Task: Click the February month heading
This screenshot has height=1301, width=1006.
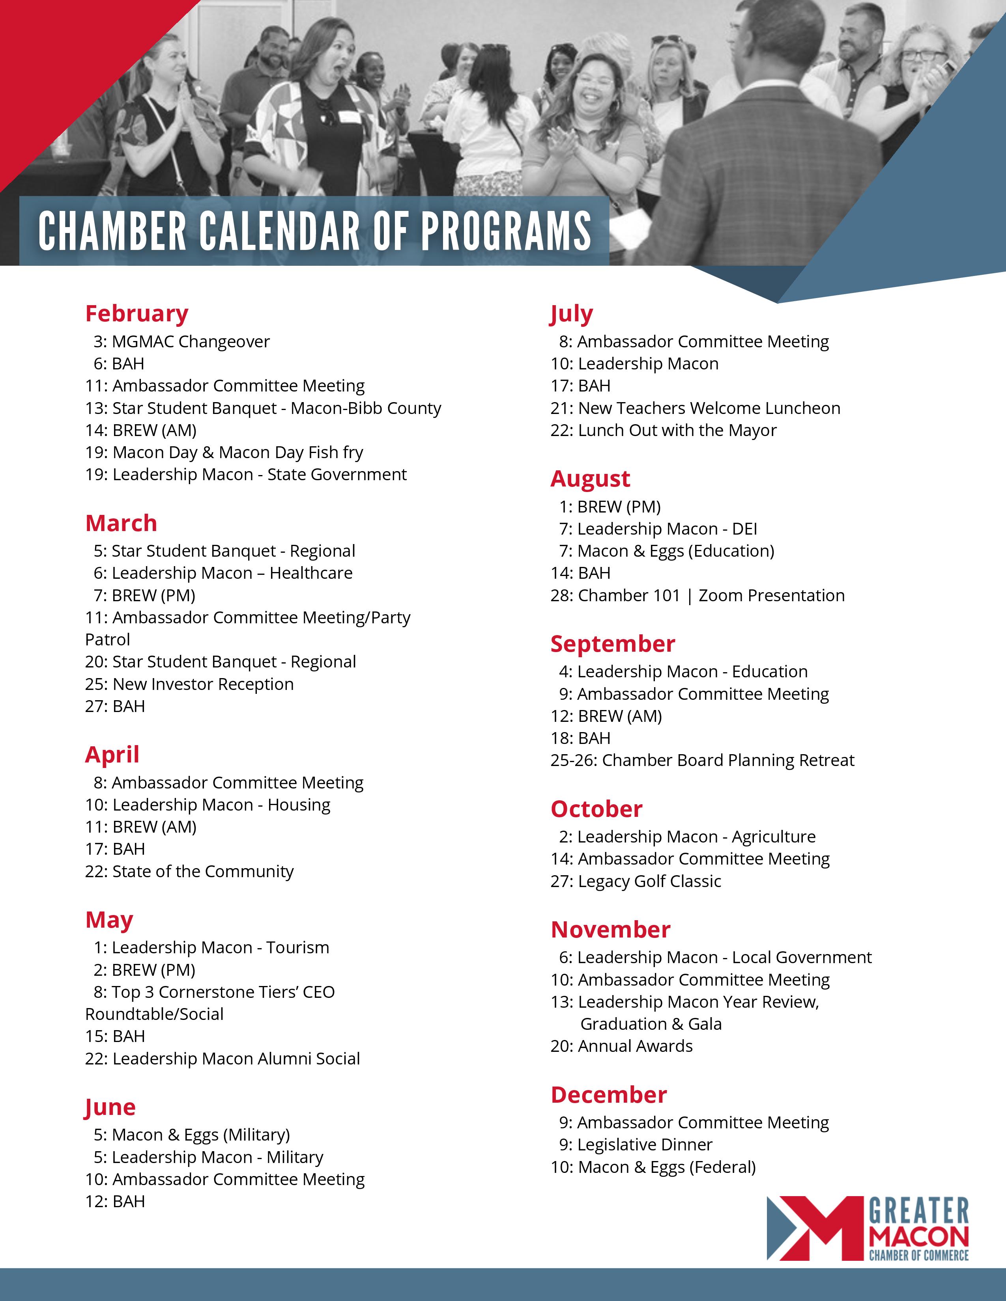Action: point(137,313)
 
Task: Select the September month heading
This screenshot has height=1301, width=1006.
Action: point(613,644)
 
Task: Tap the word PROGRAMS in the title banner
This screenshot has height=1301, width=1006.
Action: point(506,231)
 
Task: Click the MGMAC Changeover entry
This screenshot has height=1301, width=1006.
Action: point(182,342)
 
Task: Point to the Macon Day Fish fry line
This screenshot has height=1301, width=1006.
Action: point(224,453)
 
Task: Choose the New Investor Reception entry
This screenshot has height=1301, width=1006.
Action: point(189,684)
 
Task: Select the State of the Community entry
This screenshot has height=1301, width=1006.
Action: point(189,872)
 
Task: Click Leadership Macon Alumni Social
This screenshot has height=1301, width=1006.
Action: point(223,1059)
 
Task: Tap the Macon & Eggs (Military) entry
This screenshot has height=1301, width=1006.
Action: point(192,1135)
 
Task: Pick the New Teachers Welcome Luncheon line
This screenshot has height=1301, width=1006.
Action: point(696,409)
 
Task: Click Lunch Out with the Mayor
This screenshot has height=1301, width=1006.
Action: point(664,431)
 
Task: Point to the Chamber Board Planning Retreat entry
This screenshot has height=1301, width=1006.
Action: point(703,761)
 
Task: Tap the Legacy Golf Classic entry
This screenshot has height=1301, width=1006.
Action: point(636,882)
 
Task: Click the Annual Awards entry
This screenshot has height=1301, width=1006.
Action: point(622,1047)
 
